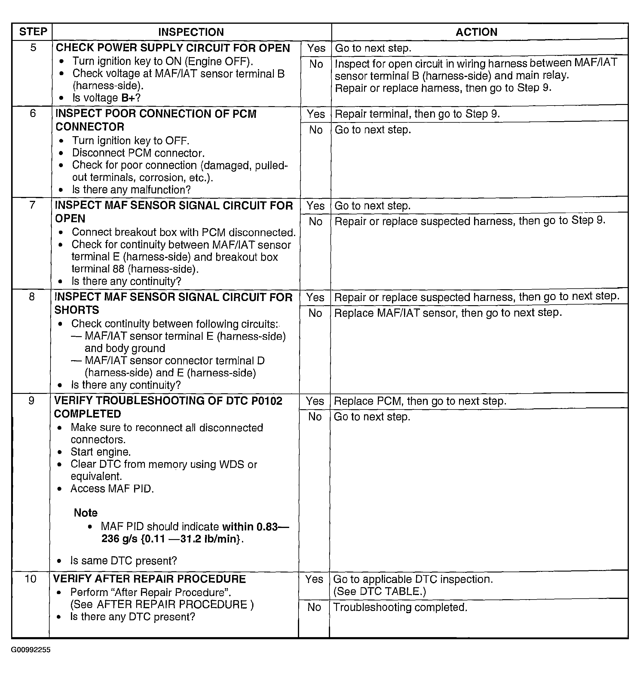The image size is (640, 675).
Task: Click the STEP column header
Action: [33, 32]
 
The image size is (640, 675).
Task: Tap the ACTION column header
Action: [476, 32]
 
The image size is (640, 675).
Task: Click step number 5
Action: [33, 48]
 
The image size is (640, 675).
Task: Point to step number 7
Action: [32, 205]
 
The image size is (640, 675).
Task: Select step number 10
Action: [30, 579]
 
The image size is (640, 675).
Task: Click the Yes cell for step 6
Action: [316, 114]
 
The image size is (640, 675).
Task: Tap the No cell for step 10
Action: [314, 607]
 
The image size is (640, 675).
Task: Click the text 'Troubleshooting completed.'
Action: [400, 607]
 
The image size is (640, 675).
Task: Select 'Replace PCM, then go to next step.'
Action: [420, 401]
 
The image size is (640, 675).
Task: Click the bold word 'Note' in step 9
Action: [85, 513]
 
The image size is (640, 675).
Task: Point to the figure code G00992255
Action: [31, 650]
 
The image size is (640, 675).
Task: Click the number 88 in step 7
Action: [118, 269]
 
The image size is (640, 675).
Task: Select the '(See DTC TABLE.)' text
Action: [379, 591]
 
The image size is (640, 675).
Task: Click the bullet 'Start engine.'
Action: [101, 452]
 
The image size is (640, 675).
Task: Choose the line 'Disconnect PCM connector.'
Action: [138, 153]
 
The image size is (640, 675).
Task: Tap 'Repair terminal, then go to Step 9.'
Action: [417, 114]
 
